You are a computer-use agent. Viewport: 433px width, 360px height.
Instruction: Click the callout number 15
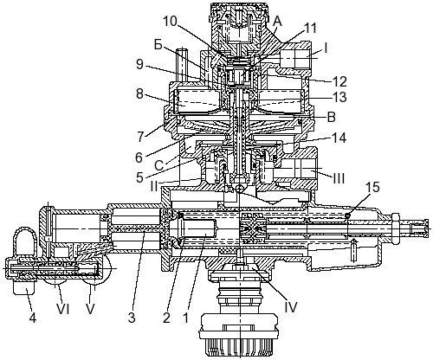point(372,187)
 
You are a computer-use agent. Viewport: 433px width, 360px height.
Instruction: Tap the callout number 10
point(171,21)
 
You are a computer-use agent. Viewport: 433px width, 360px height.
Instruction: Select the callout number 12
point(339,82)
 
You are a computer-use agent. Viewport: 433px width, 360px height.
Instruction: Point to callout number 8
point(139,93)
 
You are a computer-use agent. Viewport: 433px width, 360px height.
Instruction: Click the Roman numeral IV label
point(290,307)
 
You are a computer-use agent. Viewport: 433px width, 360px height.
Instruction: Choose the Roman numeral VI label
point(62,310)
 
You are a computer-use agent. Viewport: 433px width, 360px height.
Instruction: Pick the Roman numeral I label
point(326,48)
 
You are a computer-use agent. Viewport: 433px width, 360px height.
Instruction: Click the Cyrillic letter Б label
point(158,46)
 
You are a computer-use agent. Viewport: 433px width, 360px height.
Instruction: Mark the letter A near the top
point(277,21)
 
